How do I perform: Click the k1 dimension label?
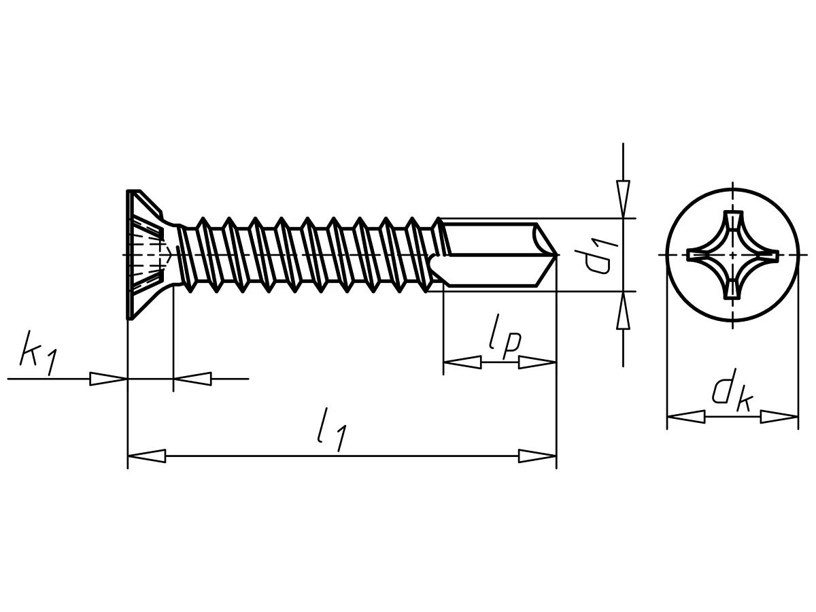[38, 353]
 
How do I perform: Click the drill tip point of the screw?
[558, 255]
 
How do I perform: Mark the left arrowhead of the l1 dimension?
[146, 456]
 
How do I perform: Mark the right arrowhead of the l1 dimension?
[537, 456]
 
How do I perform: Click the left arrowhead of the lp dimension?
[462, 362]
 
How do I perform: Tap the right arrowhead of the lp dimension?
[537, 362]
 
